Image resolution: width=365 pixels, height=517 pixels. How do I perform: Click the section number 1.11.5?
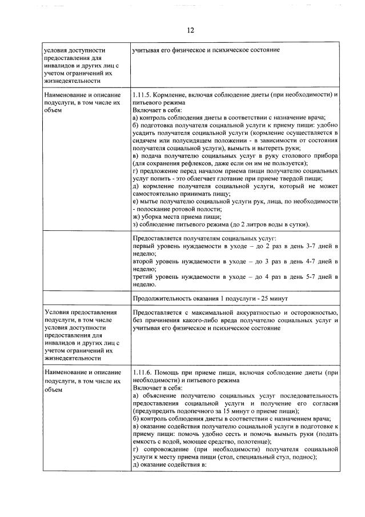[141, 93]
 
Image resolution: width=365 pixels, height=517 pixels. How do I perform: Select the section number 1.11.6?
[141, 372]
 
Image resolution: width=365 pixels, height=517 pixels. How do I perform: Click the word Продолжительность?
[163, 298]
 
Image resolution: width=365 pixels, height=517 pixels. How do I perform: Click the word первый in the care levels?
[143, 245]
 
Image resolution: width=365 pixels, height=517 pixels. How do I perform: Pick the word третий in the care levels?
[144, 275]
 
